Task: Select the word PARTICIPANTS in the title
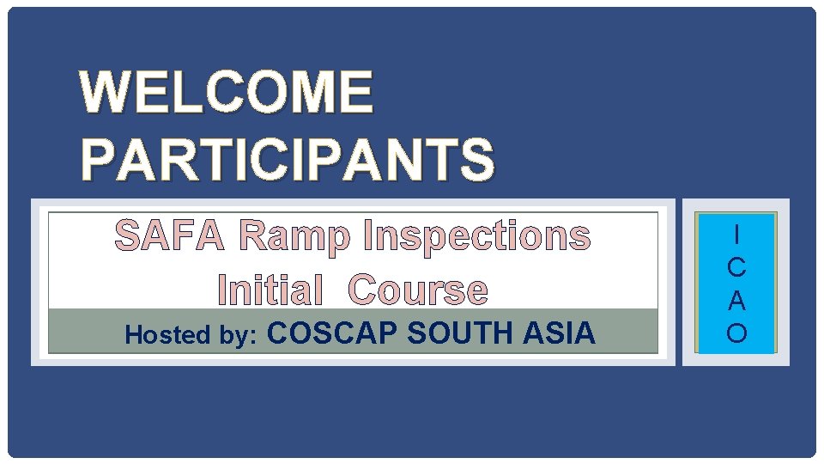click(x=288, y=160)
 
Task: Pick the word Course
click(x=418, y=290)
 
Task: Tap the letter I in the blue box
click(x=736, y=235)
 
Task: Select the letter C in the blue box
click(x=736, y=267)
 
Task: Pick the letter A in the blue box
click(x=736, y=301)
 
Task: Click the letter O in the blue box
click(x=736, y=333)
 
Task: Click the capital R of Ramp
click(x=254, y=236)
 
